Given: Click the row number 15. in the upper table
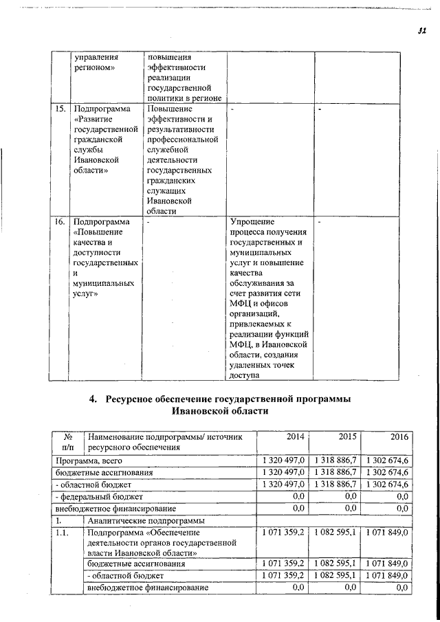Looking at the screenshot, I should point(60,109).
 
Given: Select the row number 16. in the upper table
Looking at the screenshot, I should point(60,222).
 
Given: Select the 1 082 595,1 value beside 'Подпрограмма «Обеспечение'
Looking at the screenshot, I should point(335,533).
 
